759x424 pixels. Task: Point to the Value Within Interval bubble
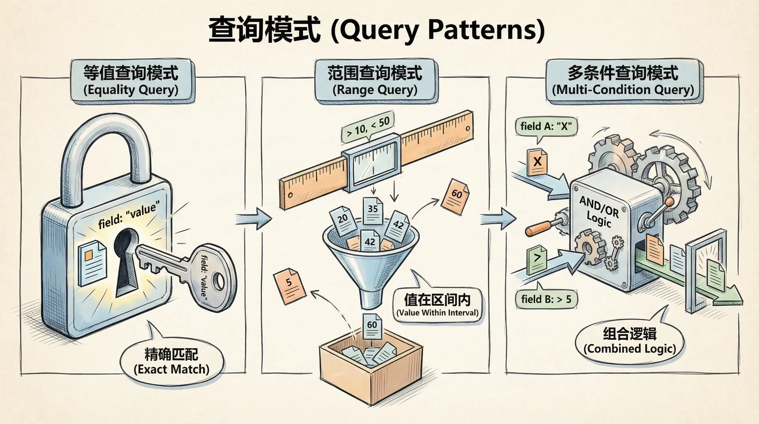click(437, 305)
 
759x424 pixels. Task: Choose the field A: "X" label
click(546, 127)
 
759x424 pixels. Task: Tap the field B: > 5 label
click(546, 299)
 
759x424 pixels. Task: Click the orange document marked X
click(537, 162)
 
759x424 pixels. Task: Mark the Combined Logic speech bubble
click(630, 341)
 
